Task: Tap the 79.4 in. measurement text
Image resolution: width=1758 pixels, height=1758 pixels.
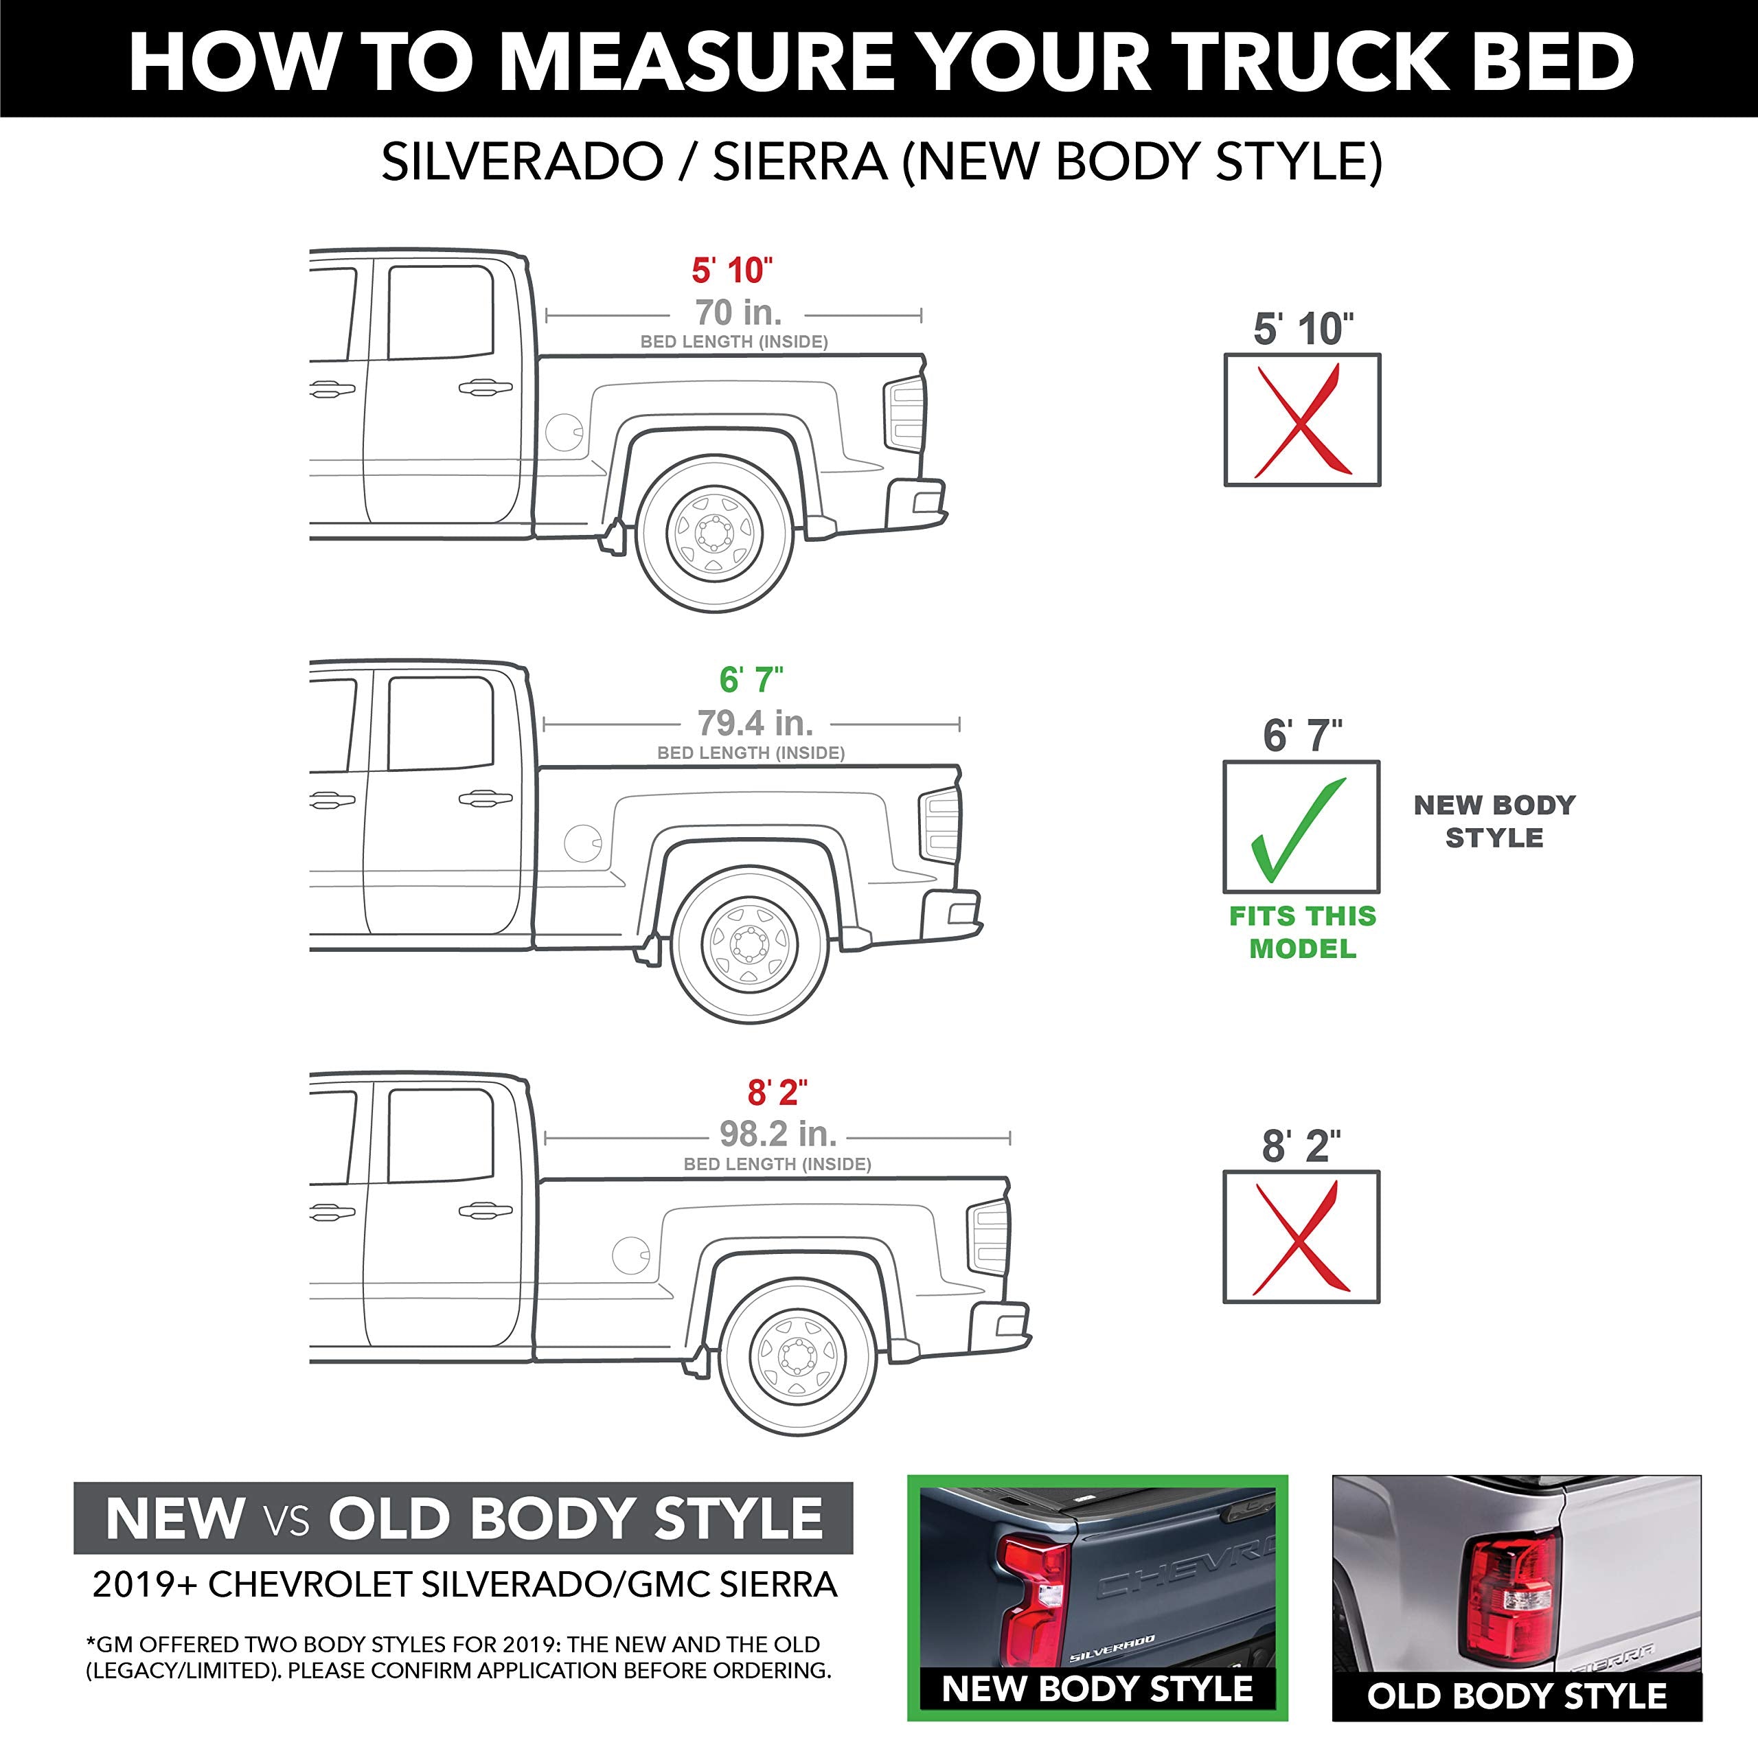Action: pyautogui.click(x=755, y=723)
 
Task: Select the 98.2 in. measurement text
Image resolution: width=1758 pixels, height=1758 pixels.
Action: pyautogui.click(x=778, y=1134)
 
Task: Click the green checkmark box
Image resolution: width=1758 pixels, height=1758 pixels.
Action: pyautogui.click(x=1301, y=826)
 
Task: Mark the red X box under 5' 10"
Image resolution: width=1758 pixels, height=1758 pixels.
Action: pyautogui.click(x=1302, y=420)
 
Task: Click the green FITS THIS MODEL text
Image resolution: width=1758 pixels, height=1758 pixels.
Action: pyautogui.click(x=1302, y=932)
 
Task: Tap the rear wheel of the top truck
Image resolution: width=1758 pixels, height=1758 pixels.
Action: pyautogui.click(x=715, y=532)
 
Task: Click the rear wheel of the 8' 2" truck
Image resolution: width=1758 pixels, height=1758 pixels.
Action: pyautogui.click(x=797, y=1355)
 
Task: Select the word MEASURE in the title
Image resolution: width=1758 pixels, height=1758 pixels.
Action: pyautogui.click(x=697, y=62)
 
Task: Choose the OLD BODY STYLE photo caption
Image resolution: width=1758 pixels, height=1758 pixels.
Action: pyautogui.click(x=1517, y=1696)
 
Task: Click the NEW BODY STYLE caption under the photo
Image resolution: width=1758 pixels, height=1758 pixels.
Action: pyautogui.click(x=1097, y=1689)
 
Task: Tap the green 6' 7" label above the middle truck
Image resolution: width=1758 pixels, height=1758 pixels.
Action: pyautogui.click(x=751, y=680)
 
